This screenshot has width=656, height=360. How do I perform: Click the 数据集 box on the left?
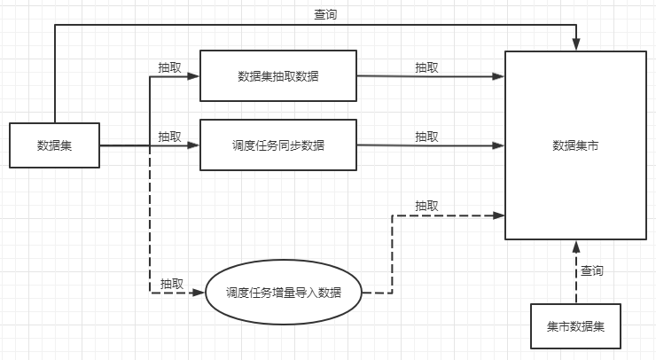pyautogui.click(x=54, y=145)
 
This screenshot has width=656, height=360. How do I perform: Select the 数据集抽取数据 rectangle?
pyautogui.click(x=278, y=76)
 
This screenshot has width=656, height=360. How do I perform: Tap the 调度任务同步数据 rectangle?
pyautogui.click(x=278, y=145)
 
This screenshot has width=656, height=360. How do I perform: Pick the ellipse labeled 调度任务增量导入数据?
pyautogui.click(x=284, y=293)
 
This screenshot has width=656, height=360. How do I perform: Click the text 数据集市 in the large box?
pyautogui.click(x=575, y=145)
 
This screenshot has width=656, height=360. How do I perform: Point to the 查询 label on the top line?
pyautogui.click(x=325, y=14)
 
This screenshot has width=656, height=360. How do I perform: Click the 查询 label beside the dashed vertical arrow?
pyautogui.click(x=592, y=270)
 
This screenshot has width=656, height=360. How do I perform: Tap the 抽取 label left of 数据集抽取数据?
pyautogui.click(x=170, y=67)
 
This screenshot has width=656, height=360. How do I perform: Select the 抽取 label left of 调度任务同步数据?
pyautogui.click(x=170, y=137)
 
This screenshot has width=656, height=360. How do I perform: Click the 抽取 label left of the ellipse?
pyautogui.click(x=172, y=284)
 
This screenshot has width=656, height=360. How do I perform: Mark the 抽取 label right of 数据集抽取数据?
pyautogui.click(x=427, y=67)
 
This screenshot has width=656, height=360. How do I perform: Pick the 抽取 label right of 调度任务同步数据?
pyautogui.click(x=427, y=137)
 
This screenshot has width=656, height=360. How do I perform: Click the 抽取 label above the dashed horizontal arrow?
pyautogui.click(x=427, y=206)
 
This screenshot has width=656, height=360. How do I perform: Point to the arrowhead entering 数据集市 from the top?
pyautogui.click(x=576, y=45)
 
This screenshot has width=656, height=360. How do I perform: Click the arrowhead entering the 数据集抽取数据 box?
pyautogui.click(x=194, y=76)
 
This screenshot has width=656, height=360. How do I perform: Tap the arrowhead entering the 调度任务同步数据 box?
pyautogui.click(x=194, y=145)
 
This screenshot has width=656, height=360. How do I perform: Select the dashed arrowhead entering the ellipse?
pyautogui.click(x=199, y=293)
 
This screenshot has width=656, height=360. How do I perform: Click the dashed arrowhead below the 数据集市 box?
pyautogui.click(x=576, y=247)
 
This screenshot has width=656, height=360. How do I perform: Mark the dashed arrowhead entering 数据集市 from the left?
pyautogui.click(x=499, y=215)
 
